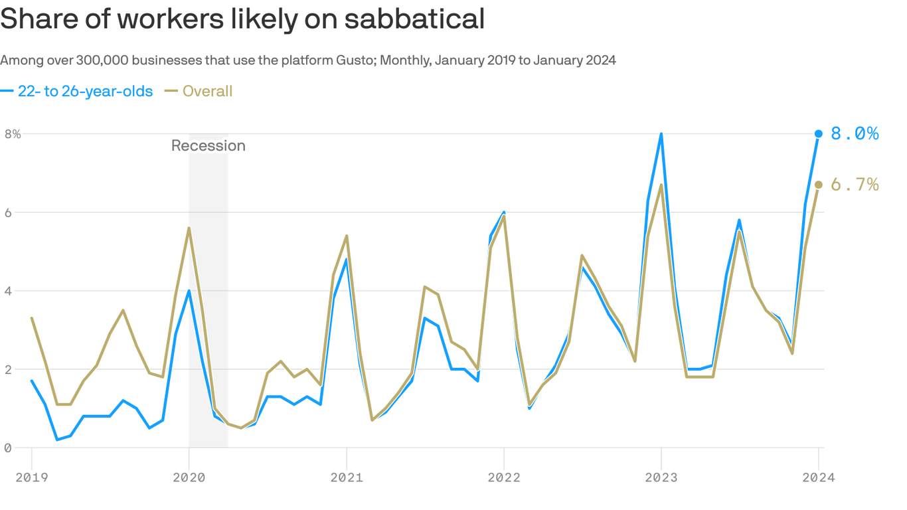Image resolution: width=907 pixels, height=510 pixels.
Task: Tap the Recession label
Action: pyautogui.click(x=208, y=145)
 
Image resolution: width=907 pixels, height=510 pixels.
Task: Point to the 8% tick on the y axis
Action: pyautogui.click(x=13, y=133)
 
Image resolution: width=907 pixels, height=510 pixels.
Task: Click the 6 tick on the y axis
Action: pyautogui.click(x=8, y=212)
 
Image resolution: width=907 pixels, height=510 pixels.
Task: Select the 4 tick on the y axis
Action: pyautogui.click(x=8, y=291)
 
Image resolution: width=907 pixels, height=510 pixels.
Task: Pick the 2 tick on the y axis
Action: pyautogui.click(x=8, y=369)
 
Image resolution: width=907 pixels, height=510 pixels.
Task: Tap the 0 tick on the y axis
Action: pyautogui.click(x=8, y=448)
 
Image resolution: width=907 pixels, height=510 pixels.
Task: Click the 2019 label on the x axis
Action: pyautogui.click(x=31, y=477)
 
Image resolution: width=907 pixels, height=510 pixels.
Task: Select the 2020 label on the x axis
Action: pyautogui.click(x=189, y=477)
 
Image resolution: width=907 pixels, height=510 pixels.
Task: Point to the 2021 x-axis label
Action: pyautogui.click(x=346, y=477)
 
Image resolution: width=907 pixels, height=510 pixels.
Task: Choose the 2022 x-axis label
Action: pyautogui.click(x=504, y=477)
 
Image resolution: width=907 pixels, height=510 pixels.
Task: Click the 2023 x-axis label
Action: pyautogui.click(x=661, y=477)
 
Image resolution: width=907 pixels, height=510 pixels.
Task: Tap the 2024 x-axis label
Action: pyautogui.click(x=818, y=477)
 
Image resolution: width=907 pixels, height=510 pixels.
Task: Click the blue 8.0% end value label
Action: pyautogui.click(x=855, y=134)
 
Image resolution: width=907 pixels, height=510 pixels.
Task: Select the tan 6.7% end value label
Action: pyautogui.click(x=855, y=185)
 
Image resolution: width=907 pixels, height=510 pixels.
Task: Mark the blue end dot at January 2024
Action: pyautogui.click(x=819, y=133)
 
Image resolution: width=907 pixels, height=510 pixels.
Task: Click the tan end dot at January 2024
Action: pyautogui.click(x=819, y=185)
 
